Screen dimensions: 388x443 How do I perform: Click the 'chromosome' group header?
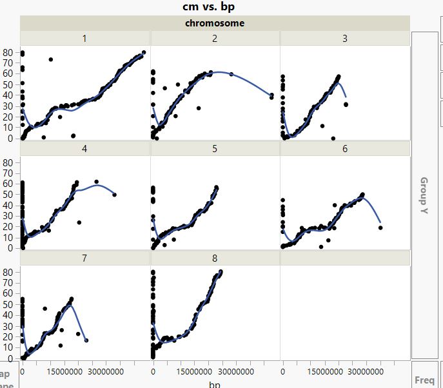point(215,23)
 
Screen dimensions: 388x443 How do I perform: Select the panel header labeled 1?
point(84,39)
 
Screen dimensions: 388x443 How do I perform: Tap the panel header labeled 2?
point(215,39)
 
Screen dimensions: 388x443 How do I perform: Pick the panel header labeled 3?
point(345,39)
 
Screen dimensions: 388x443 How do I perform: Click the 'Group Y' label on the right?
point(424,196)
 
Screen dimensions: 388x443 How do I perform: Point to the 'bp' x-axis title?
point(215,384)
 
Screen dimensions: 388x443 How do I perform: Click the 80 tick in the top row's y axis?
point(8,52)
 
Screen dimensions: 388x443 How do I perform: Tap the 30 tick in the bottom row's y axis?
point(8,325)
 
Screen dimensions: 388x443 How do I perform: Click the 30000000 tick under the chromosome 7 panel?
point(104,371)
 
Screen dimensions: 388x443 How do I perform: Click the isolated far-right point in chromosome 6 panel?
point(380,228)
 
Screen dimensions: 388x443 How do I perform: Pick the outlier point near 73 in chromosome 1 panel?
point(51,59)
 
